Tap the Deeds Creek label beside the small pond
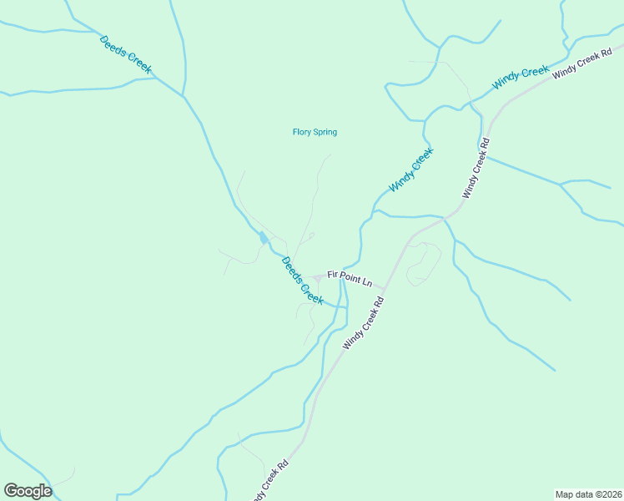pyautogui.click(x=301, y=281)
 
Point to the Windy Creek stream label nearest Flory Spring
pyautogui.click(x=411, y=170)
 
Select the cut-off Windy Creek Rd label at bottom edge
pyautogui.click(x=272, y=478)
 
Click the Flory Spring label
pyautogui.click(x=315, y=132)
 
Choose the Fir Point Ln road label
pyautogui.click(x=350, y=277)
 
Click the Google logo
pyautogui.click(x=28, y=491)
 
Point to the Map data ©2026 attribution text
pyautogui.click(x=588, y=493)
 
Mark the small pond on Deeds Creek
pyautogui.click(x=264, y=238)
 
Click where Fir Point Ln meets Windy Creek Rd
pyautogui.click(x=385, y=289)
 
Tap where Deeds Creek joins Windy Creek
pyautogui.click(x=342, y=307)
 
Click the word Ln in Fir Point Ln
pyautogui.click(x=366, y=281)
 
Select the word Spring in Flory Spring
pyautogui.click(x=325, y=132)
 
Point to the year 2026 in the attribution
pyautogui.click(x=611, y=493)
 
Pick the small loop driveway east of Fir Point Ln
pyautogui.click(x=425, y=262)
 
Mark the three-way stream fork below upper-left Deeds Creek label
pyautogui.click(x=183, y=95)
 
